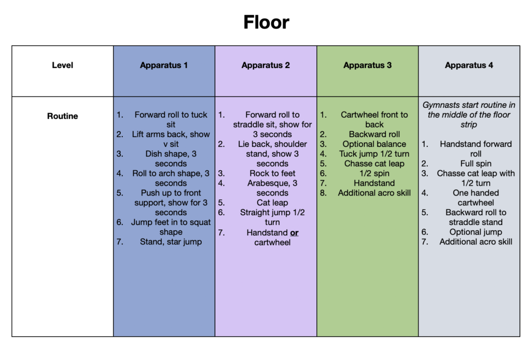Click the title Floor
pos(266,22)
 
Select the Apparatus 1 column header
pos(163,65)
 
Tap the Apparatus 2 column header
pos(266,65)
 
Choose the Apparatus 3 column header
pos(367,65)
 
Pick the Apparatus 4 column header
pos(469,65)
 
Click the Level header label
pos(62,65)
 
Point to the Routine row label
pos(62,116)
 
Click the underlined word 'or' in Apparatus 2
pos(294,233)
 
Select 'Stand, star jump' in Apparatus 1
pos(171,242)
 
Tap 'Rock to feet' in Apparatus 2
pos(272,173)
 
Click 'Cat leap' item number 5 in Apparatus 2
pos(272,203)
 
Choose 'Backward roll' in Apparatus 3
pos(374,134)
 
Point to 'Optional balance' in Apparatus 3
pos(374,144)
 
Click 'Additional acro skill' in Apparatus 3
pos(374,193)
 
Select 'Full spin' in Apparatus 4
pos(476,163)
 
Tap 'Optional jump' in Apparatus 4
pos(476,232)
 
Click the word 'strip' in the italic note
pos(469,125)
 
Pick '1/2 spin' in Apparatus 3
pos(374,173)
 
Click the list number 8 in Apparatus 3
pos(323,193)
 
